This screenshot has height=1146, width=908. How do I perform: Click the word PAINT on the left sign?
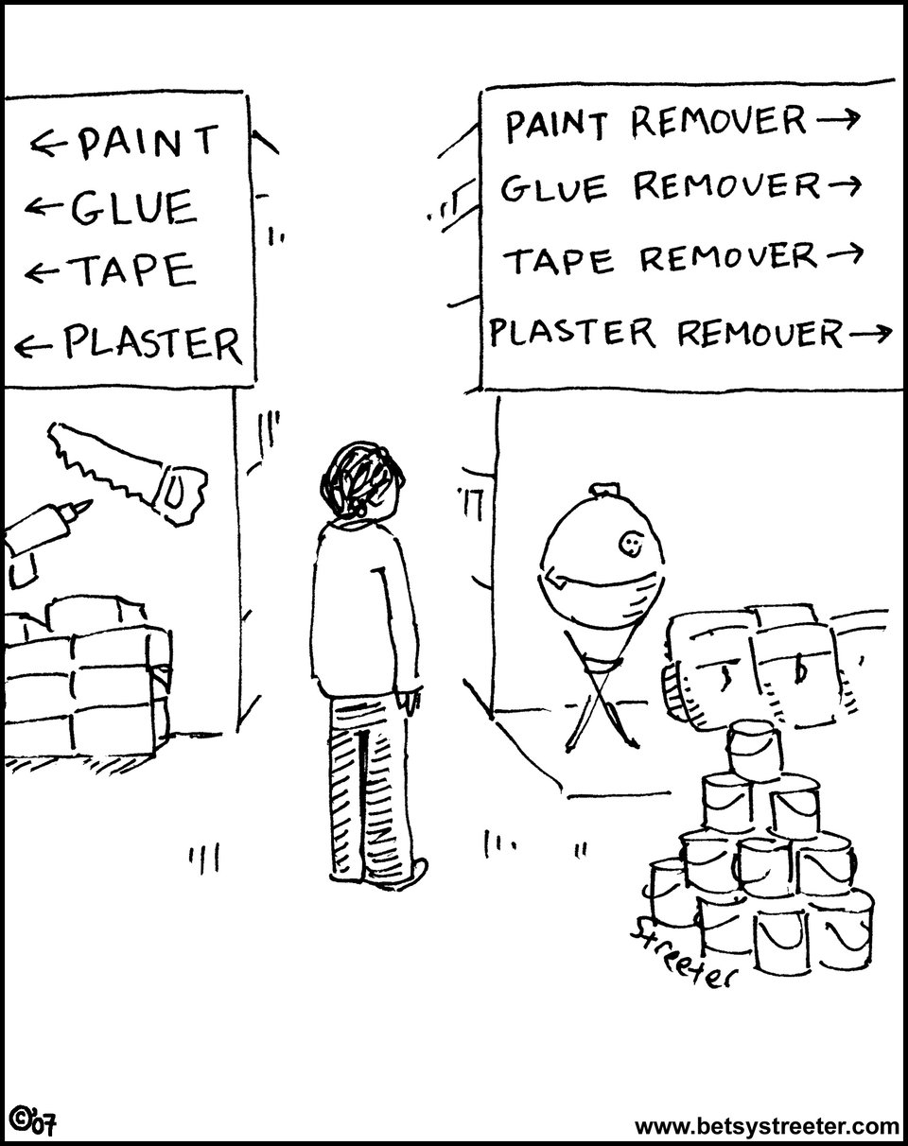[149, 142]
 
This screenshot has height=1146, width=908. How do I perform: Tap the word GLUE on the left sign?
[133, 207]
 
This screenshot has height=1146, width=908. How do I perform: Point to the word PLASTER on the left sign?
[152, 344]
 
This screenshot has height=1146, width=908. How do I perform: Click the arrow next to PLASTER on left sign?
[34, 348]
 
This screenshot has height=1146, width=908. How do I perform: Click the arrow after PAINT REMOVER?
[838, 118]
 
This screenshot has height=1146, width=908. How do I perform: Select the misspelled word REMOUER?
[760, 333]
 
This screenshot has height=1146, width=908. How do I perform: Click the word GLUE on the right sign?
[554, 188]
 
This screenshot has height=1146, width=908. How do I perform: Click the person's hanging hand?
[410, 701]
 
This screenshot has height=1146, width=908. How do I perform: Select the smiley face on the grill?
[630, 545]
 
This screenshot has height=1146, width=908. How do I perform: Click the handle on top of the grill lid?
[604, 488]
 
